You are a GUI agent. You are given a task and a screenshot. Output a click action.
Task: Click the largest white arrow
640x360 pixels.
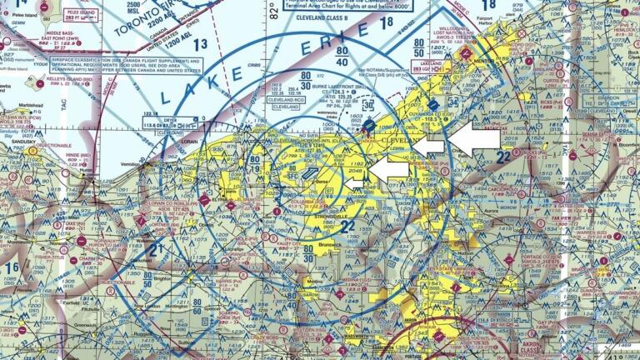pyautogui.click(x=474, y=137)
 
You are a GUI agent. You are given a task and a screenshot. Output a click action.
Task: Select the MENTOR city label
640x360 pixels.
pyautogui.click(x=481, y=62)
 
